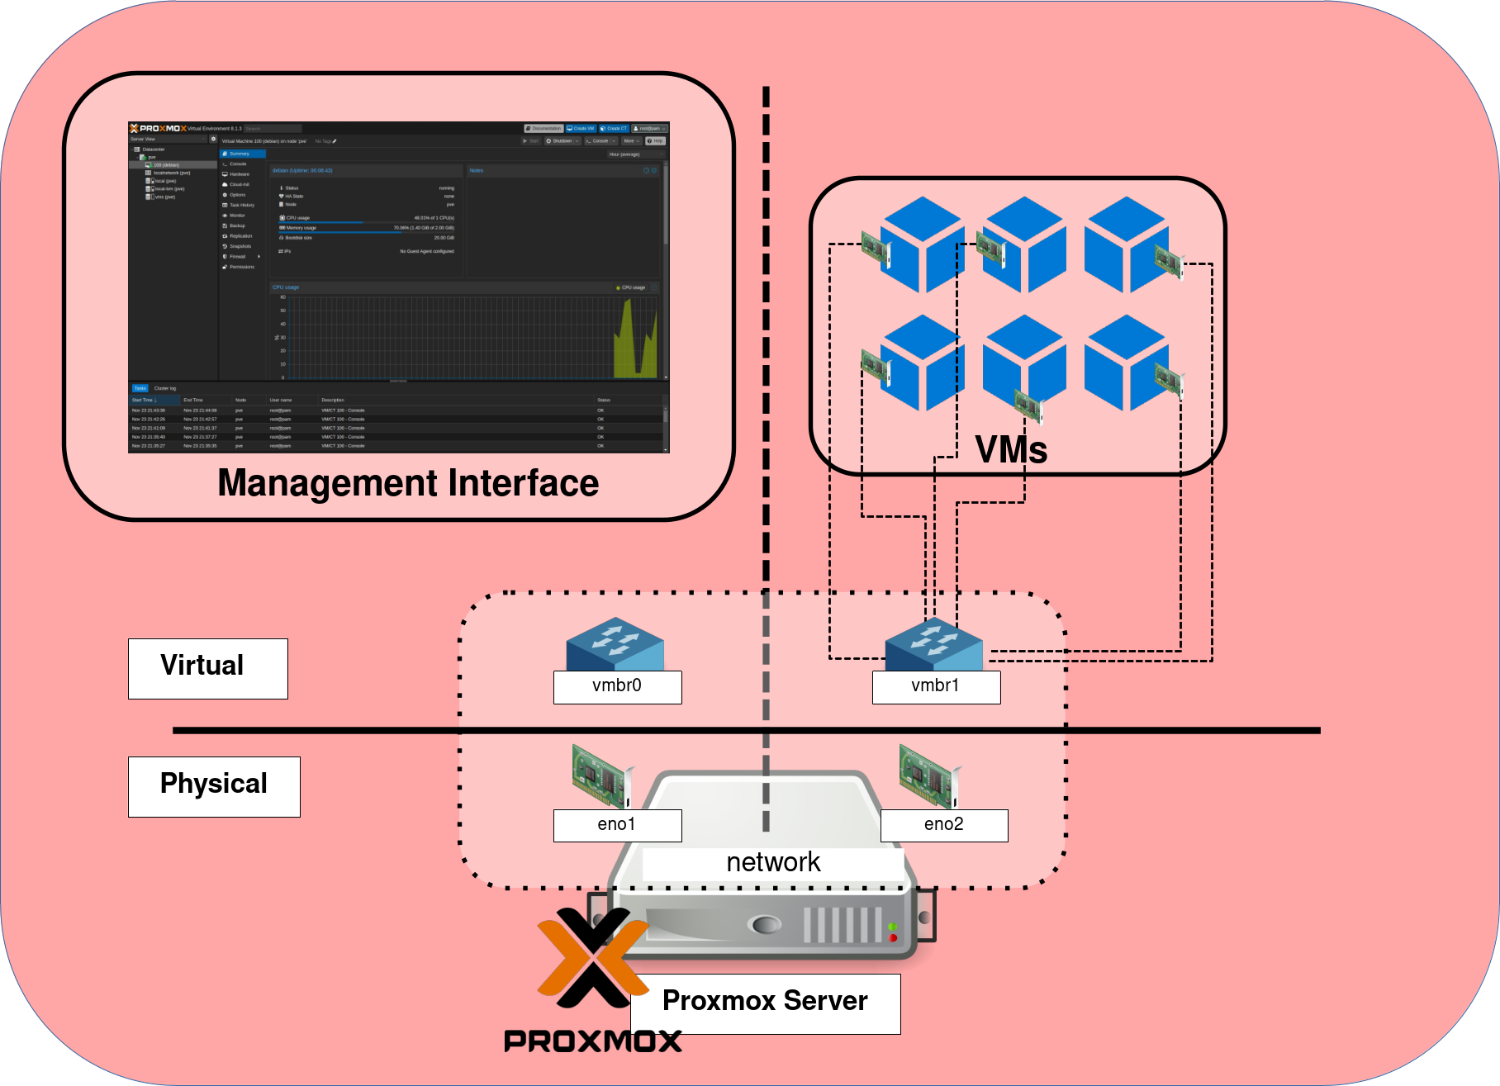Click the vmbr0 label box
(617, 686)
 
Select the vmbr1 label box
(936, 686)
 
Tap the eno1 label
(617, 824)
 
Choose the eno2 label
(943, 824)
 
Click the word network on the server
(773, 862)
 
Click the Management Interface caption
(408, 483)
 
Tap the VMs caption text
(1011, 450)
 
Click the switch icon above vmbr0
(615, 644)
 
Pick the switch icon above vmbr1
(933, 644)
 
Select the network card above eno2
(930, 775)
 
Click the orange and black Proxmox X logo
(591, 958)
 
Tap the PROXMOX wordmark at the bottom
(592, 1041)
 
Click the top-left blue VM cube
(921, 244)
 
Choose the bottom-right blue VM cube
(1125, 363)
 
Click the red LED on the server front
(893, 938)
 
